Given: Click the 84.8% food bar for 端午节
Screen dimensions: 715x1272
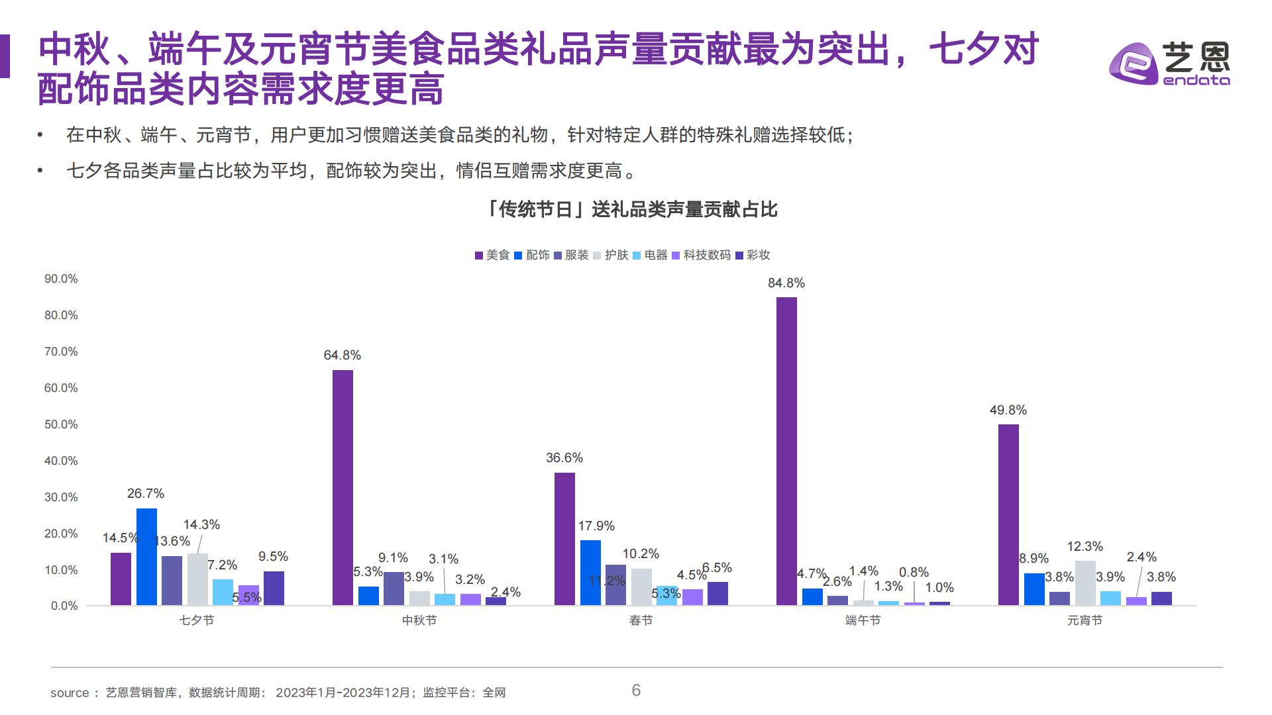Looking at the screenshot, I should point(786,451).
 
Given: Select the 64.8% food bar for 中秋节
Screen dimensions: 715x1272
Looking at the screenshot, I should point(343,487).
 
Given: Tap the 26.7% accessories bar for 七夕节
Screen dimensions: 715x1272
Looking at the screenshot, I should point(146,557).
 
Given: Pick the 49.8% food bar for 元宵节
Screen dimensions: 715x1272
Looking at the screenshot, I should point(1008,514).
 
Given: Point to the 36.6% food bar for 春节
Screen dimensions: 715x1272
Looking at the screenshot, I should point(564,539).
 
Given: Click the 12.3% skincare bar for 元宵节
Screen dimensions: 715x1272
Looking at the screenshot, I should point(1085,583).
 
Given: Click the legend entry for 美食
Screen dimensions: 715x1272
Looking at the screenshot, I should point(492,255).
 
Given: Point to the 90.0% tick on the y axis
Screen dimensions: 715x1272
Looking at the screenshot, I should point(61,279).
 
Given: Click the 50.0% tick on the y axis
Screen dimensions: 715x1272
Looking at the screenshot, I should point(61,424).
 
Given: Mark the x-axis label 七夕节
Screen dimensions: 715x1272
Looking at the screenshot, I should point(197,620).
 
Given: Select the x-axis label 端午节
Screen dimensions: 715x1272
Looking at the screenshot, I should point(863,620).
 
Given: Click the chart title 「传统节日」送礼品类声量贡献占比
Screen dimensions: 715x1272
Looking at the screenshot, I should point(631,210).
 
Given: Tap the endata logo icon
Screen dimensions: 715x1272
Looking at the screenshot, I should point(1133,64).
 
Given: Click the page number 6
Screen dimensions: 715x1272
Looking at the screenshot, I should point(636,691).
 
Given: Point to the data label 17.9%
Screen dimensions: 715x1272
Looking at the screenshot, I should point(596,526).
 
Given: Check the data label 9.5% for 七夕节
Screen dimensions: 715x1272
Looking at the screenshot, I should point(273,556).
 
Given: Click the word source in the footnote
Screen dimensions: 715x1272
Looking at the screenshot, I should point(70,693).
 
